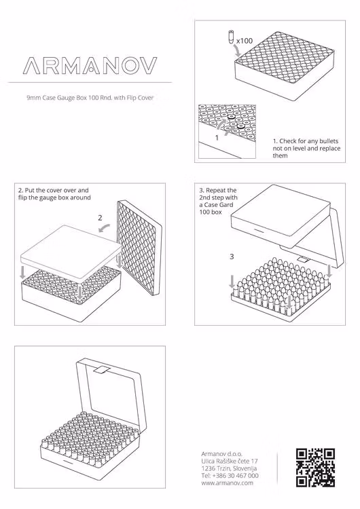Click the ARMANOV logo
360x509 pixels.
click(90, 65)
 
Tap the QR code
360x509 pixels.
click(315, 468)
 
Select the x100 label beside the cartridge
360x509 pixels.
click(245, 41)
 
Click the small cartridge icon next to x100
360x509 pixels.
click(231, 37)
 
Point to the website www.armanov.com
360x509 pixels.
click(227, 483)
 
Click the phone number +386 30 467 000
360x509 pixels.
click(230, 476)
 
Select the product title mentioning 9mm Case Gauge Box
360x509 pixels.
click(90, 98)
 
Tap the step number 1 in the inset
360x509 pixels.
click(217, 138)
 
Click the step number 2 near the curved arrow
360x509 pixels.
click(100, 218)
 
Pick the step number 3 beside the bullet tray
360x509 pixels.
click(232, 257)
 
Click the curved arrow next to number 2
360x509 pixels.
click(105, 228)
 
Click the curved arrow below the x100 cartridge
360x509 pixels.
click(238, 51)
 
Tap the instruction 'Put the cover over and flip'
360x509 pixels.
click(54, 194)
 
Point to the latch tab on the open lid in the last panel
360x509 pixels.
click(101, 371)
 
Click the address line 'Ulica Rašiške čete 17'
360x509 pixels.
click(230, 461)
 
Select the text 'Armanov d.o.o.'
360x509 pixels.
click(221, 454)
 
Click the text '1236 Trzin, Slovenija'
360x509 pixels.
click(229, 468)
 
